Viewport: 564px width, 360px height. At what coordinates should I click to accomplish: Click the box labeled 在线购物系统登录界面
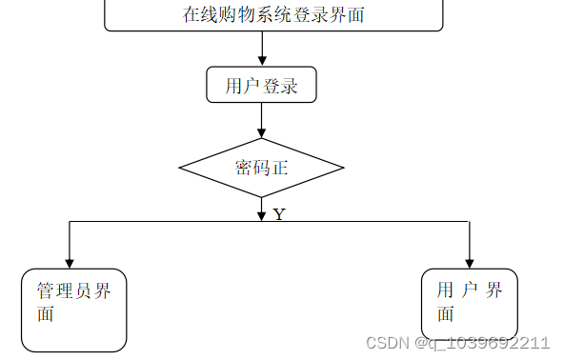click(273, 15)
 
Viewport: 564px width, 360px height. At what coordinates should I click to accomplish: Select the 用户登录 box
click(262, 86)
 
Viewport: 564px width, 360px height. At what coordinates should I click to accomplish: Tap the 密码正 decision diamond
click(262, 168)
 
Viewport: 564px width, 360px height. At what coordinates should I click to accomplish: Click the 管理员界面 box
click(74, 310)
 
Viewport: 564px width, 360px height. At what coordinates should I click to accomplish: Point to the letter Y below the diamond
click(279, 215)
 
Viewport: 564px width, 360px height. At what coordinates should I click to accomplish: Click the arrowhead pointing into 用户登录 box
click(262, 62)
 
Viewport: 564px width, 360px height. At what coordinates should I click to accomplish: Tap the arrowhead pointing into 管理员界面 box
click(69, 262)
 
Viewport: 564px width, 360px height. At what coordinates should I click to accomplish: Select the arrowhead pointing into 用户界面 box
click(469, 262)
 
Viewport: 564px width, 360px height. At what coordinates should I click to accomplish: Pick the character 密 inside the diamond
click(244, 169)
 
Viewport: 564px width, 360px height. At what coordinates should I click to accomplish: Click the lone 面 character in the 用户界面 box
click(445, 314)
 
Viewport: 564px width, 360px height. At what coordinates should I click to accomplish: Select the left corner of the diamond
click(181, 168)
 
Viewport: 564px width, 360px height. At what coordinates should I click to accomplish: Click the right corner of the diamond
click(343, 168)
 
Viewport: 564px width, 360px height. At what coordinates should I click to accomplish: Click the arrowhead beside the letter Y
click(262, 216)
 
